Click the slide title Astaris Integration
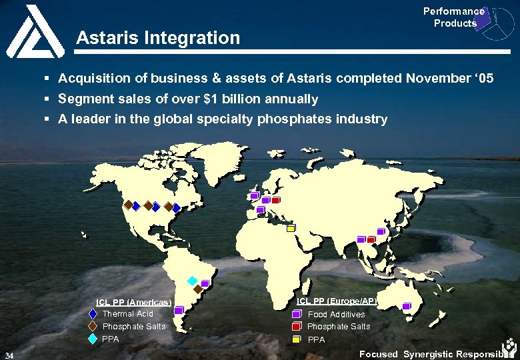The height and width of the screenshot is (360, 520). point(158,38)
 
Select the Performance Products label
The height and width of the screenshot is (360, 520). point(454,17)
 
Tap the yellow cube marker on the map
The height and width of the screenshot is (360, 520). point(291,227)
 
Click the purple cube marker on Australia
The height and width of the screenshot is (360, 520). point(407,306)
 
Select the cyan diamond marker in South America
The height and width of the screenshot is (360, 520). point(192,281)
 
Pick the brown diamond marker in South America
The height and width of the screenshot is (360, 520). point(198,289)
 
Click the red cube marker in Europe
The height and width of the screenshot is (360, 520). point(275,200)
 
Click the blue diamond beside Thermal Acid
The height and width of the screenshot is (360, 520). point(93,314)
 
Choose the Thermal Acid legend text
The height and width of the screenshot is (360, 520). point(127,314)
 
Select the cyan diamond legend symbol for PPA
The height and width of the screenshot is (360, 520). point(93,339)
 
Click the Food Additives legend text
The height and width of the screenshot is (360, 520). point(336,314)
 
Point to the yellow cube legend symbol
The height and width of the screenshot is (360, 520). point(296,339)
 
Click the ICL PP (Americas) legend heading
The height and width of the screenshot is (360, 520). point(134,302)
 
